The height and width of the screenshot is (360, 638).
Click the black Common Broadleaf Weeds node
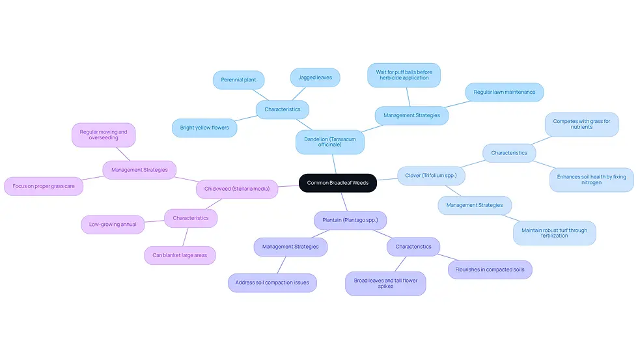[x=338, y=183]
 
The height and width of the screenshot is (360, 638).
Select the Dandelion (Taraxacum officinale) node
[x=330, y=142]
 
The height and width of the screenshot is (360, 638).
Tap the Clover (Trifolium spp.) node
[x=431, y=176]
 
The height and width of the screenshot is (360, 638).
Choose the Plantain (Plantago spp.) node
[x=350, y=220]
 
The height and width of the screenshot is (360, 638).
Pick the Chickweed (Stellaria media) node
[x=237, y=189]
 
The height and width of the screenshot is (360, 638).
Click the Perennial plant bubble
[x=238, y=79]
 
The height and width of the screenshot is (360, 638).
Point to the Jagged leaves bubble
[x=315, y=77]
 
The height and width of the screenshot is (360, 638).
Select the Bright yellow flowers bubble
[x=204, y=128]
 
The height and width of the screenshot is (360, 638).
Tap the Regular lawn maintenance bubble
[x=504, y=92]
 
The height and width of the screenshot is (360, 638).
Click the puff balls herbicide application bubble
[x=404, y=76]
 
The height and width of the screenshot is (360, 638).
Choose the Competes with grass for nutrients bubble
[x=581, y=124]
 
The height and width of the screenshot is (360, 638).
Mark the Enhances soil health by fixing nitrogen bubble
[x=591, y=180]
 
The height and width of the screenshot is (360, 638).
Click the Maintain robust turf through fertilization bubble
[x=554, y=233]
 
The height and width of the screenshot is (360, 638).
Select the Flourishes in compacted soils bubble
[x=490, y=270]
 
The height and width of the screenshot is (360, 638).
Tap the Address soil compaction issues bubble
[x=272, y=283]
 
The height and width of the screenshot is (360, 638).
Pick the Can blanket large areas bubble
[x=180, y=255]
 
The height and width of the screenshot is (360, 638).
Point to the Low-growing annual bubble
[x=113, y=225]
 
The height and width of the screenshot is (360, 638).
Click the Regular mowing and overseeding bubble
[x=104, y=135]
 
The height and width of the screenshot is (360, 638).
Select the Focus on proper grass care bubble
[x=44, y=186]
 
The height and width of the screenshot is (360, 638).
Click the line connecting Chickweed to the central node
[x=288, y=186]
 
